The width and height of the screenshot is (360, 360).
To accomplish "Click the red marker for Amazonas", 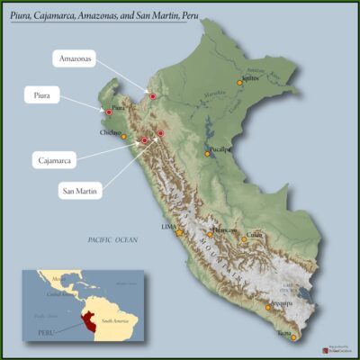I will [153, 96].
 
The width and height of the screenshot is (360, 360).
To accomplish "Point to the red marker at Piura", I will [109, 112].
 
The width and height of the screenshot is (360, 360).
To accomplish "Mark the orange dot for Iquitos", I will [240, 83].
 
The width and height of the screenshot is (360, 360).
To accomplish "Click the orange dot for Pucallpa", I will [207, 155].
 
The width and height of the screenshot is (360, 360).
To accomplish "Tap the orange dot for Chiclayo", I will [124, 137].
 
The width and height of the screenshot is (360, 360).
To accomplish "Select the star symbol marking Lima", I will [179, 232].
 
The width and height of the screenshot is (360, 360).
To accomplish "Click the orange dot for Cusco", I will [244, 239].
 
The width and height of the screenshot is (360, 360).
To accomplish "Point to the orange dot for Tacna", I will [293, 337].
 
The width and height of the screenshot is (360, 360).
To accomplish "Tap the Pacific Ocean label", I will [112, 239].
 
